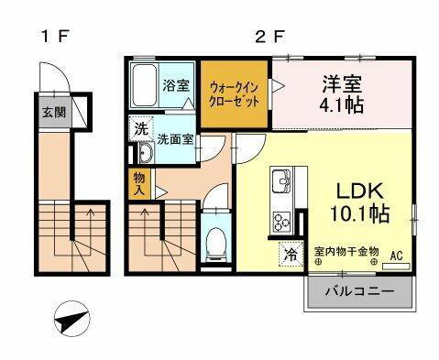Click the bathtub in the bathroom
[x=145, y=85]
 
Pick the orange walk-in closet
[x=236, y=93]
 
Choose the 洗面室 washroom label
[x=173, y=141]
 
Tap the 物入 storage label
[x=139, y=186]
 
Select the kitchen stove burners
[x=280, y=219]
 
